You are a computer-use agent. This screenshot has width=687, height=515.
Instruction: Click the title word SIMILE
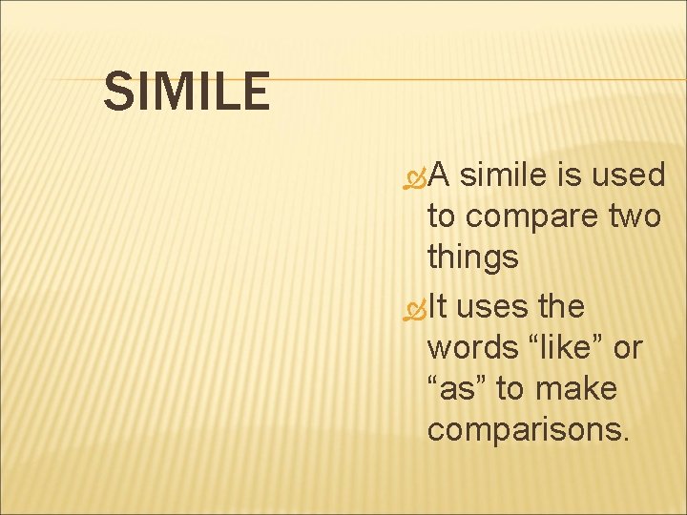tap(186, 92)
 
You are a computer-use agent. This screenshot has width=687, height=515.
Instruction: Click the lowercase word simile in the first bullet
tap(505, 175)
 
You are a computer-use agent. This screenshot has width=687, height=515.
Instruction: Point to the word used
tap(629, 175)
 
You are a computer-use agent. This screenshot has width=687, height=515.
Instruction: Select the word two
tap(635, 216)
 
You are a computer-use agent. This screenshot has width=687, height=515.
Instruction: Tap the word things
tap(472, 257)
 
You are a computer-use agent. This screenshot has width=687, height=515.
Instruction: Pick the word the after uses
tap(561, 306)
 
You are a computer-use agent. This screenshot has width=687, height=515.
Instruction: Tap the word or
tap(628, 349)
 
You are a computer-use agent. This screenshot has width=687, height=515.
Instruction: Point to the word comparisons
tap(529, 431)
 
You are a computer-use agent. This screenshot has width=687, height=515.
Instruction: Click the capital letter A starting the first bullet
tap(439, 175)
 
